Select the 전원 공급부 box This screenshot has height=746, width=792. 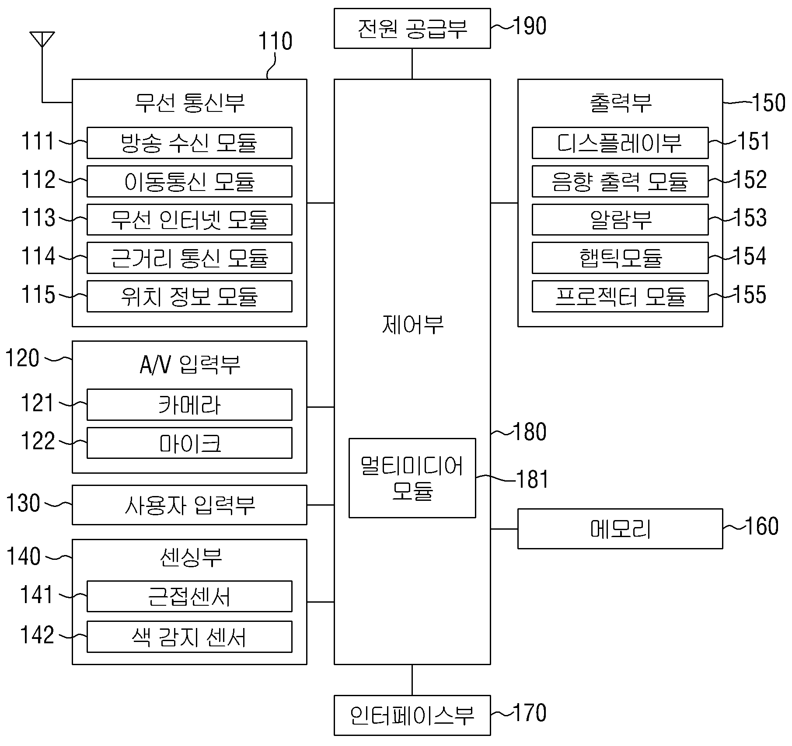(412, 28)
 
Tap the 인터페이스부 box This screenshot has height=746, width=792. (412, 715)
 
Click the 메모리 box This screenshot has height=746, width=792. (620, 529)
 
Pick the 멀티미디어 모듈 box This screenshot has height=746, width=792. (412, 478)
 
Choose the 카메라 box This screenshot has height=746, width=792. (189, 405)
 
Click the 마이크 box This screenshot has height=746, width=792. (189, 443)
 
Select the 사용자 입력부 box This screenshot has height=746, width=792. (189, 505)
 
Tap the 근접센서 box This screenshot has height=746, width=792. (189, 596)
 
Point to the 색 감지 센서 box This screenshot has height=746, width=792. (189, 636)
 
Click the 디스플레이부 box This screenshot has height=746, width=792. (620, 143)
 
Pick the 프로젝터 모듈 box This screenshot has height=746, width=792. (620, 296)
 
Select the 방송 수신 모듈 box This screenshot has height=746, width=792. (189, 143)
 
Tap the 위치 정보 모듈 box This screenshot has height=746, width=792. (189, 296)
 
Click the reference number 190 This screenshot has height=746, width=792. (530, 26)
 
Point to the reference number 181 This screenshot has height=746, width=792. (532, 479)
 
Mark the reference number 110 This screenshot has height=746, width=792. (275, 42)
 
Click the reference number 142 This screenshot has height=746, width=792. (38, 635)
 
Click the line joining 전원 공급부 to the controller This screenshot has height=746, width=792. (412, 64)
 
